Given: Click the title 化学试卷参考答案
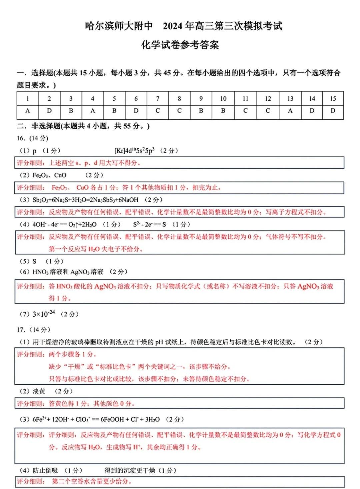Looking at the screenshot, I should tap(180, 45).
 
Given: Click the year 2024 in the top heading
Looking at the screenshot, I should tap(173, 26).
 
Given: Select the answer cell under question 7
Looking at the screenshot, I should tap(158, 111).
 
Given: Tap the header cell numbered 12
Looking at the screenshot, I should tap(268, 99).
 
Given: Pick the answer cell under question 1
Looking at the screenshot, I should tap(28, 111).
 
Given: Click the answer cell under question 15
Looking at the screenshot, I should tap(333, 111).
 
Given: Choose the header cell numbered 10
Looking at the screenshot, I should tap(223, 99).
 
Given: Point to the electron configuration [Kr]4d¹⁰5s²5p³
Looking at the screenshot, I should tap(134, 151).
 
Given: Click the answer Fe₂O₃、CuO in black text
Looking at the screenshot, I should tap(49, 175).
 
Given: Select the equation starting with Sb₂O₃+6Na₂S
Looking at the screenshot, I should tap(85, 200).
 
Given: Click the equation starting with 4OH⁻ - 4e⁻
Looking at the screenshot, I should tap(64, 225).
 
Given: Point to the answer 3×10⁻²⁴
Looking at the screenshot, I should tap(44, 314).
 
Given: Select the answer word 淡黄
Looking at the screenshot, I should tap(39, 391).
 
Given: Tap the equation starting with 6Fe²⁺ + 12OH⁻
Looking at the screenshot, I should tap(96, 419).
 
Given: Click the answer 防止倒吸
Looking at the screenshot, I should tap(45, 470).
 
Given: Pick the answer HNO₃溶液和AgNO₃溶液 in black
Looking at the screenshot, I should tap(68, 272).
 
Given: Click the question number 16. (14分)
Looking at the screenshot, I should tap(33, 138).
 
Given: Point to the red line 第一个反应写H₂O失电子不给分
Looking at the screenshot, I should tap(96, 249).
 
